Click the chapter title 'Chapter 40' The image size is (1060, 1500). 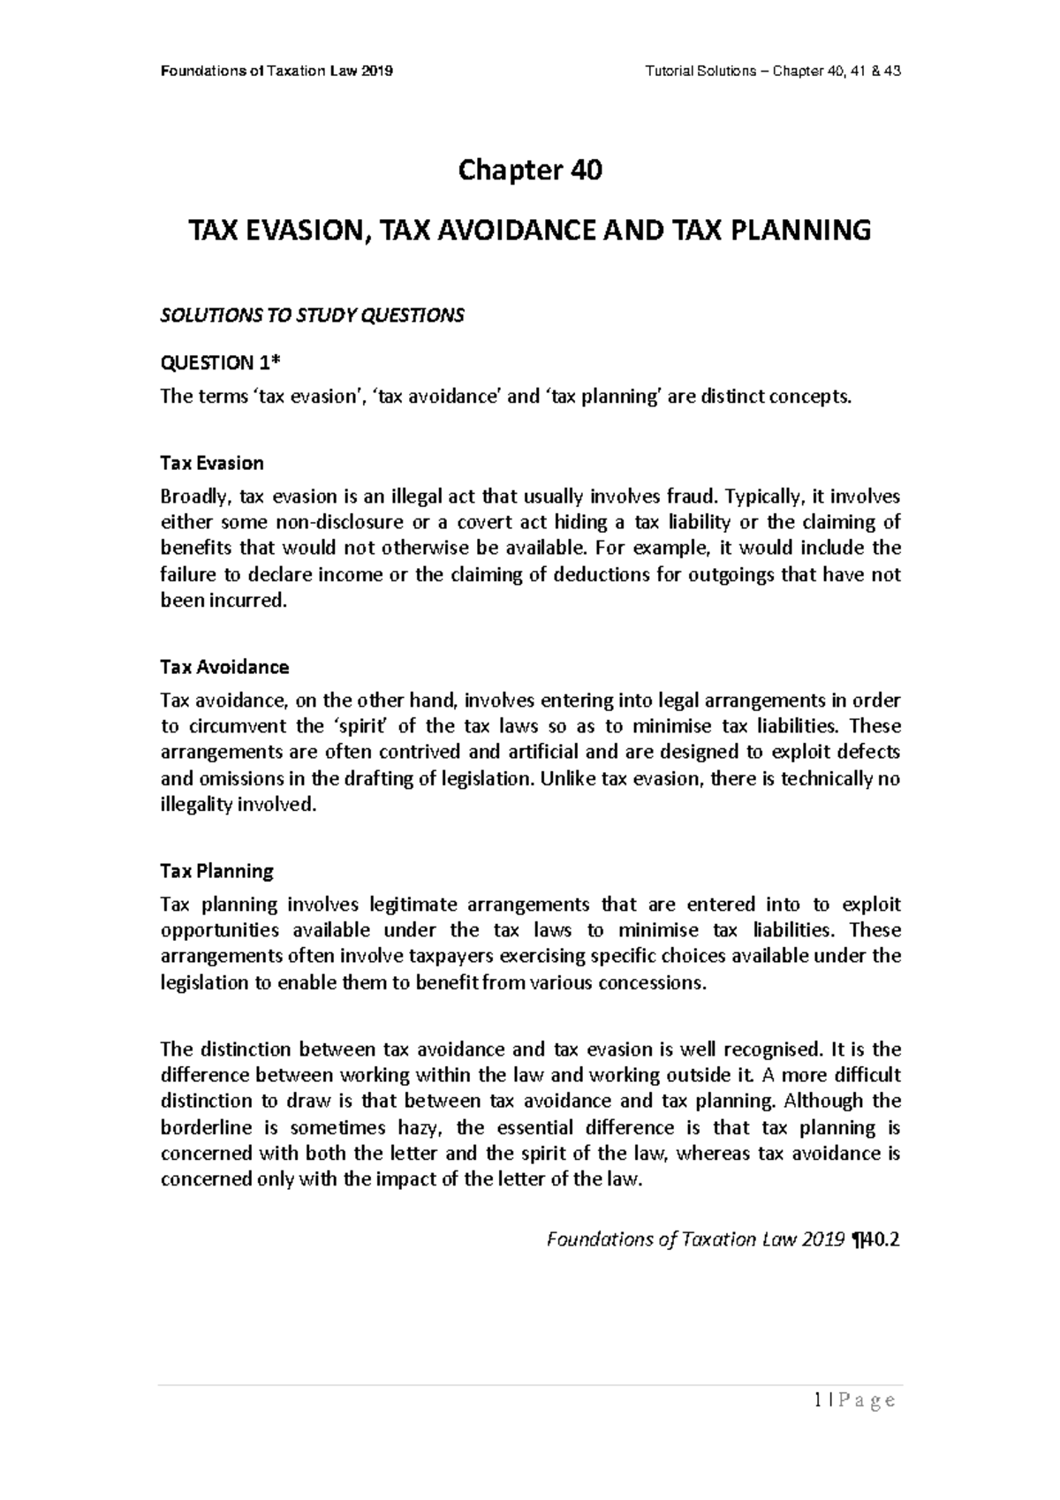[529, 170]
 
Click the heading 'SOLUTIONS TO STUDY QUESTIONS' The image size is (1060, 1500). [311, 316]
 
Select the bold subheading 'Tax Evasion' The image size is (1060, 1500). [211, 463]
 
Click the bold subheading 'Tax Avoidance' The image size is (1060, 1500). [224, 666]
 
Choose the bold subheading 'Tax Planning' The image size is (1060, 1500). [216, 871]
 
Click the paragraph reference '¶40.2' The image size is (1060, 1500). [874, 1239]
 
